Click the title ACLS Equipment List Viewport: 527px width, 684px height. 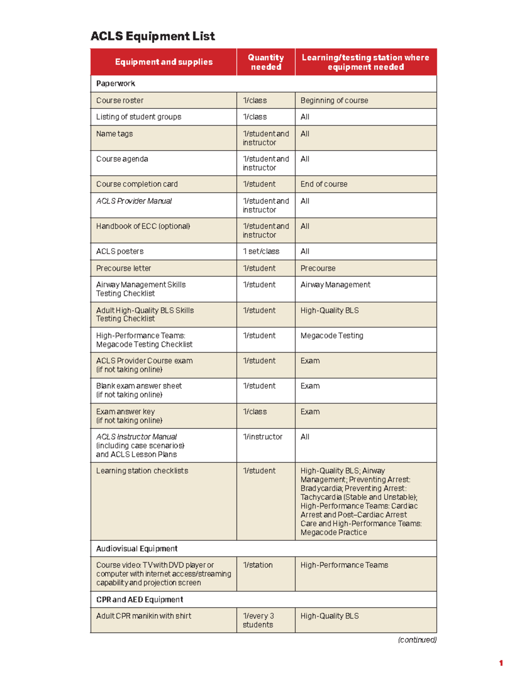(x=152, y=36)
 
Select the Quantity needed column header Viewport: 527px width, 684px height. (x=266, y=62)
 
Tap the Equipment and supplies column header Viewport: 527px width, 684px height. (x=163, y=62)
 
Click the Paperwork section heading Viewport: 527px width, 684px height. (x=116, y=83)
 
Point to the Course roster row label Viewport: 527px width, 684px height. (x=120, y=101)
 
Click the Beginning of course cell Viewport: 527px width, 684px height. (x=334, y=101)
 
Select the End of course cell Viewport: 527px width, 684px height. (x=324, y=184)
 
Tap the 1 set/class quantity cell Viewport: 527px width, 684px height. (x=261, y=251)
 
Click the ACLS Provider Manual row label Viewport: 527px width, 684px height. (x=134, y=201)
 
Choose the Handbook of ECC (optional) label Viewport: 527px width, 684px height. (x=143, y=226)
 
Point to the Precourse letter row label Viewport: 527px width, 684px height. (x=123, y=268)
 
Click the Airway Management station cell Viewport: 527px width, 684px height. (x=335, y=284)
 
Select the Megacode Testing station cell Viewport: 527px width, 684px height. (x=332, y=335)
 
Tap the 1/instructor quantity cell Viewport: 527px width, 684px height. (x=263, y=437)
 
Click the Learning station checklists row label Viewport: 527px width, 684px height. (x=142, y=471)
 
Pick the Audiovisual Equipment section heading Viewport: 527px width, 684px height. (x=137, y=549)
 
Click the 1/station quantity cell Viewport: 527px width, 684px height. (x=258, y=565)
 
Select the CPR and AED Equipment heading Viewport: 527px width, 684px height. (x=139, y=600)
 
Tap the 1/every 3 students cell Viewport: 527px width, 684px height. (x=258, y=620)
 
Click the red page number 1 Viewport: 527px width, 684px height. (x=501, y=663)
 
